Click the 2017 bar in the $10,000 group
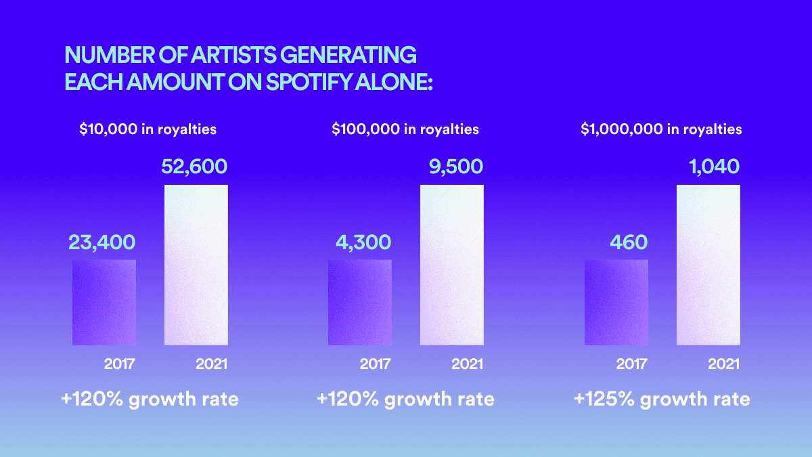pos(104,303)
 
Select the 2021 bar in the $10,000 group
pos(196,265)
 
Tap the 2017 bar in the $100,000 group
pos(360,303)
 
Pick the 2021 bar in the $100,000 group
pos(452,265)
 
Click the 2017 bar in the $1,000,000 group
pos(616,303)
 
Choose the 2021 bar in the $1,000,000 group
pos(708,265)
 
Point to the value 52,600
pos(194,167)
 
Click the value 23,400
pos(101,242)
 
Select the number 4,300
pos(363,242)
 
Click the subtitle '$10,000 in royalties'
pos(148,129)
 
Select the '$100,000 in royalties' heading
pos(405,129)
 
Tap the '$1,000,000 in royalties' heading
pos(661,129)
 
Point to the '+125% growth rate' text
pos(661,399)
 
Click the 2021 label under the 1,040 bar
pos(723,364)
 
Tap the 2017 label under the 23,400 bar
pos(120,364)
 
